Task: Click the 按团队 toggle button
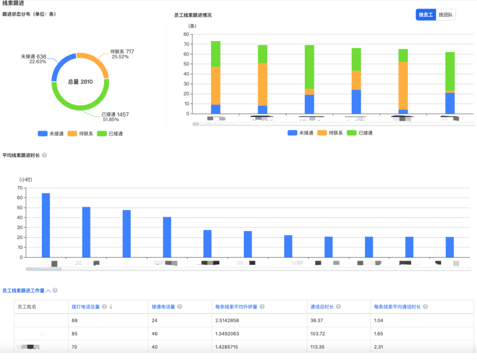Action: tap(446, 15)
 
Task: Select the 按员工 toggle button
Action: tap(426, 15)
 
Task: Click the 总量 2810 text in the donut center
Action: tap(80, 82)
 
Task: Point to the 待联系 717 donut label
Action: tap(122, 52)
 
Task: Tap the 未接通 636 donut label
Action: tap(33, 57)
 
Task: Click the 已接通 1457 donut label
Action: tap(115, 114)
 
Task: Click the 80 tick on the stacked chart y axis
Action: tap(186, 34)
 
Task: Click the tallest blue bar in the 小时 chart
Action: tap(46, 225)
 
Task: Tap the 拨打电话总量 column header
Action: tap(86, 307)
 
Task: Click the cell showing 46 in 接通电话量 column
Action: tap(155, 334)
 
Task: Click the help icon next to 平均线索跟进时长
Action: tap(44, 155)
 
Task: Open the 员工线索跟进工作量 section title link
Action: tap(23, 291)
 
